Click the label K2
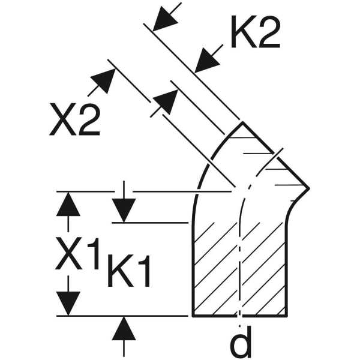(256, 32)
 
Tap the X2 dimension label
(75, 119)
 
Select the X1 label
(78, 254)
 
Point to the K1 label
(128, 271)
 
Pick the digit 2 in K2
(269, 32)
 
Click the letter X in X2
(63, 119)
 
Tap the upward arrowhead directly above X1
(68, 204)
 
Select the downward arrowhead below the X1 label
(68, 304)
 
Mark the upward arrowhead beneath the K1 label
(124, 328)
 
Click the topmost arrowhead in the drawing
(165, 19)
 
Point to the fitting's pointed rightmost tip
(309, 188)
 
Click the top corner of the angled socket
(242, 122)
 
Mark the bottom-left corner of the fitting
(193, 316)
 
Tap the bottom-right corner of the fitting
(287, 316)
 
